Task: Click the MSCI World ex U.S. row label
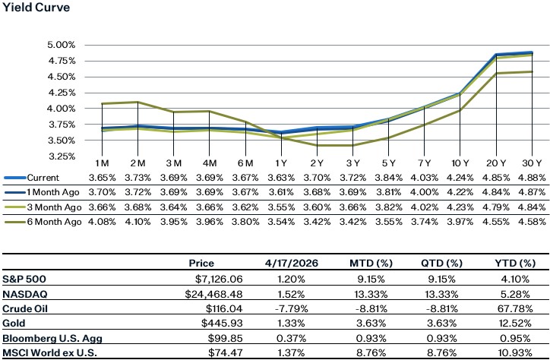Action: (x=48, y=353)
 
